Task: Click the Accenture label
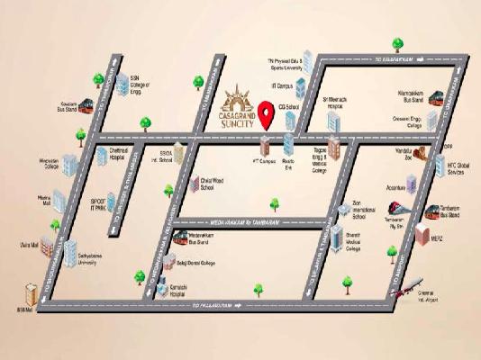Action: (x=395, y=188)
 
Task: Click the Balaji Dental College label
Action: (x=195, y=263)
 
